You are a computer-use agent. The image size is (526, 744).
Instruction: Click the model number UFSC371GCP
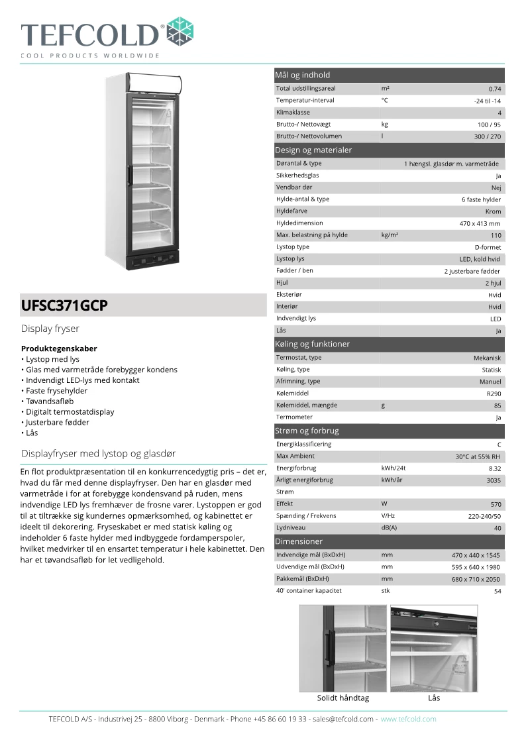[x=64, y=306]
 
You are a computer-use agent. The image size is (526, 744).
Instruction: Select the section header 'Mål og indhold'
[x=302, y=75]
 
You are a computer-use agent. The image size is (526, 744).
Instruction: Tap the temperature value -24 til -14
[x=488, y=101]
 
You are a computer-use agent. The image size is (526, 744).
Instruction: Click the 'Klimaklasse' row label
[x=293, y=113]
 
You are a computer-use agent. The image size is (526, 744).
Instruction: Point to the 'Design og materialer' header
[x=313, y=150]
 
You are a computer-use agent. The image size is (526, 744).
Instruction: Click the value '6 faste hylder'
[x=482, y=199]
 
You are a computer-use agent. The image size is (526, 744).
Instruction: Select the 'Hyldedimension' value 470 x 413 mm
[x=480, y=223]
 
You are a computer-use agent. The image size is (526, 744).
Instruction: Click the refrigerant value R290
[x=494, y=394]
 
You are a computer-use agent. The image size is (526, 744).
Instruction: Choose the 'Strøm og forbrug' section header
[x=307, y=431]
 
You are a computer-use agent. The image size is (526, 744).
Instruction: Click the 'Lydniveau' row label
[x=291, y=528]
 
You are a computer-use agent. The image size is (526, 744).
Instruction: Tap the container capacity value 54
[x=498, y=591]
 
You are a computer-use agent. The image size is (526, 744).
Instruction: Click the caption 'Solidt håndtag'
[x=343, y=698]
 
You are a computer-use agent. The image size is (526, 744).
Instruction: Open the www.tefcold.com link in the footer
[x=408, y=719]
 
